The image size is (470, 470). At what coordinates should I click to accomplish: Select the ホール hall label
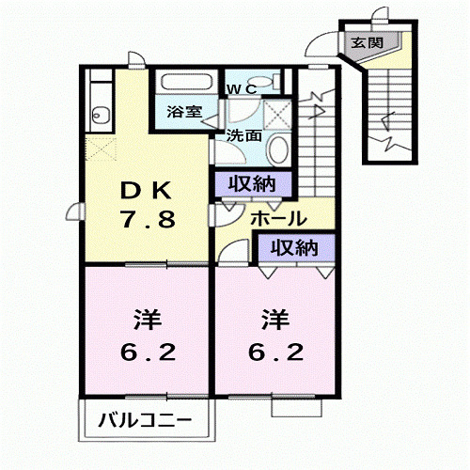[x=276, y=219]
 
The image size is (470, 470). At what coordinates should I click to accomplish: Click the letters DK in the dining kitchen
[x=142, y=190]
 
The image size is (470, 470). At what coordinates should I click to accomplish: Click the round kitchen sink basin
[x=102, y=116]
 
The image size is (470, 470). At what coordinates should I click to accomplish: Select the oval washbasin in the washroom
[x=277, y=149]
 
